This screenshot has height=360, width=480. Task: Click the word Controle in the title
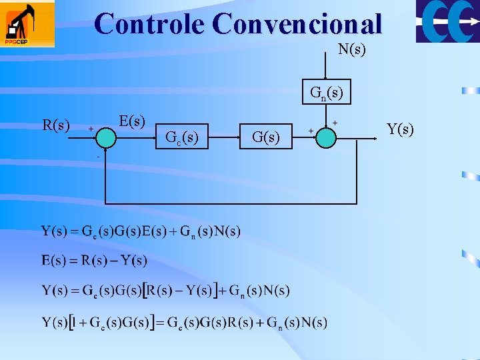tap(150, 24)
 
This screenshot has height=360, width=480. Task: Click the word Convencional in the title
tap(297, 24)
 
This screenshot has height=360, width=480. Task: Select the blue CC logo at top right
tap(447, 21)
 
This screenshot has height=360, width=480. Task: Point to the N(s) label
tap(351, 49)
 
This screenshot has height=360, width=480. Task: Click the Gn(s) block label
tap(327, 93)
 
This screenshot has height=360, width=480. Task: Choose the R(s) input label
tap(56, 125)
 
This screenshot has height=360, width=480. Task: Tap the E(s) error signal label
tap(132, 121)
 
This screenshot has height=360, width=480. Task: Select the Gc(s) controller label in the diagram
tap(181, 138)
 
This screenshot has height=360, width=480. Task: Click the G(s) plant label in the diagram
tap(266, 138)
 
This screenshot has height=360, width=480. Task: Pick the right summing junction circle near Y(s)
tap(326, 137)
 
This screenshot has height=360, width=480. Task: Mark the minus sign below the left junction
tap(97, 156)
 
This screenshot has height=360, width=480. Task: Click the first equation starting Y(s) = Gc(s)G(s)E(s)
tap(141, 232)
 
